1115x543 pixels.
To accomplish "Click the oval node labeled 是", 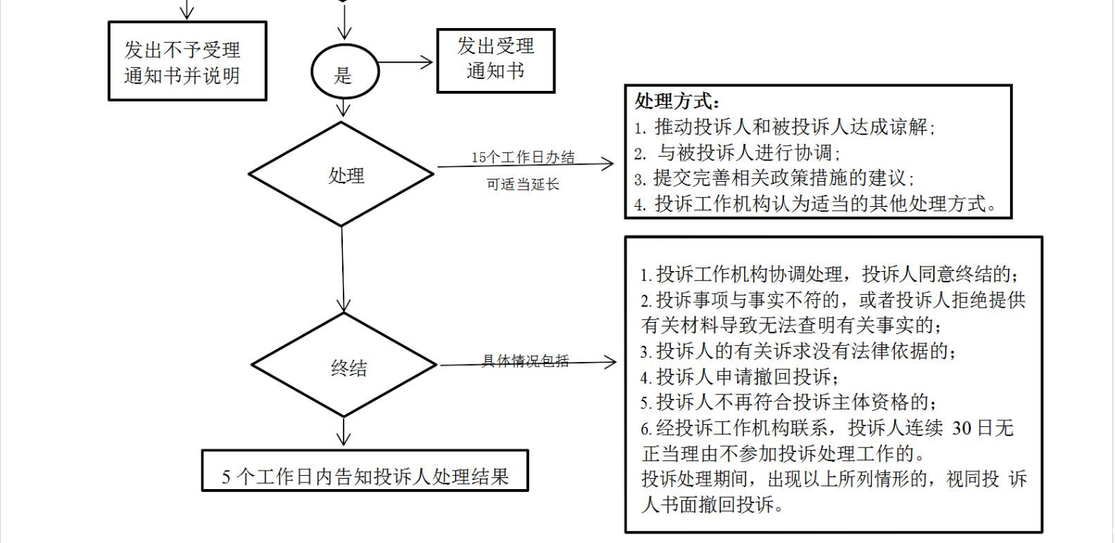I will [344, 74].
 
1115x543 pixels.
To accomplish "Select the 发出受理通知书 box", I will [495, 60].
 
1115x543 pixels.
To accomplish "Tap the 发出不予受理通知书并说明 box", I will [187, 61].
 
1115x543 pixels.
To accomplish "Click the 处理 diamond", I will [341, 175].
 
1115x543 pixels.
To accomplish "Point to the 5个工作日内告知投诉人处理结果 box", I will [365, 471].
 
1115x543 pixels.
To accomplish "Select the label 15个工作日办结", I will [522, 157].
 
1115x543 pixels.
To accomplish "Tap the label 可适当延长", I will [522, 185].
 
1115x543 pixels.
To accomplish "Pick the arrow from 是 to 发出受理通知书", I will [406, 62].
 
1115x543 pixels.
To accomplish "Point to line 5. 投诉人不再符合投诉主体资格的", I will [788, 403].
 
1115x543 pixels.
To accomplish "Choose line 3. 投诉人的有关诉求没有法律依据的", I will [802, 350].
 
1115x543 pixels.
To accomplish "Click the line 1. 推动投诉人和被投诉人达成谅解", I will [785, 127].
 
